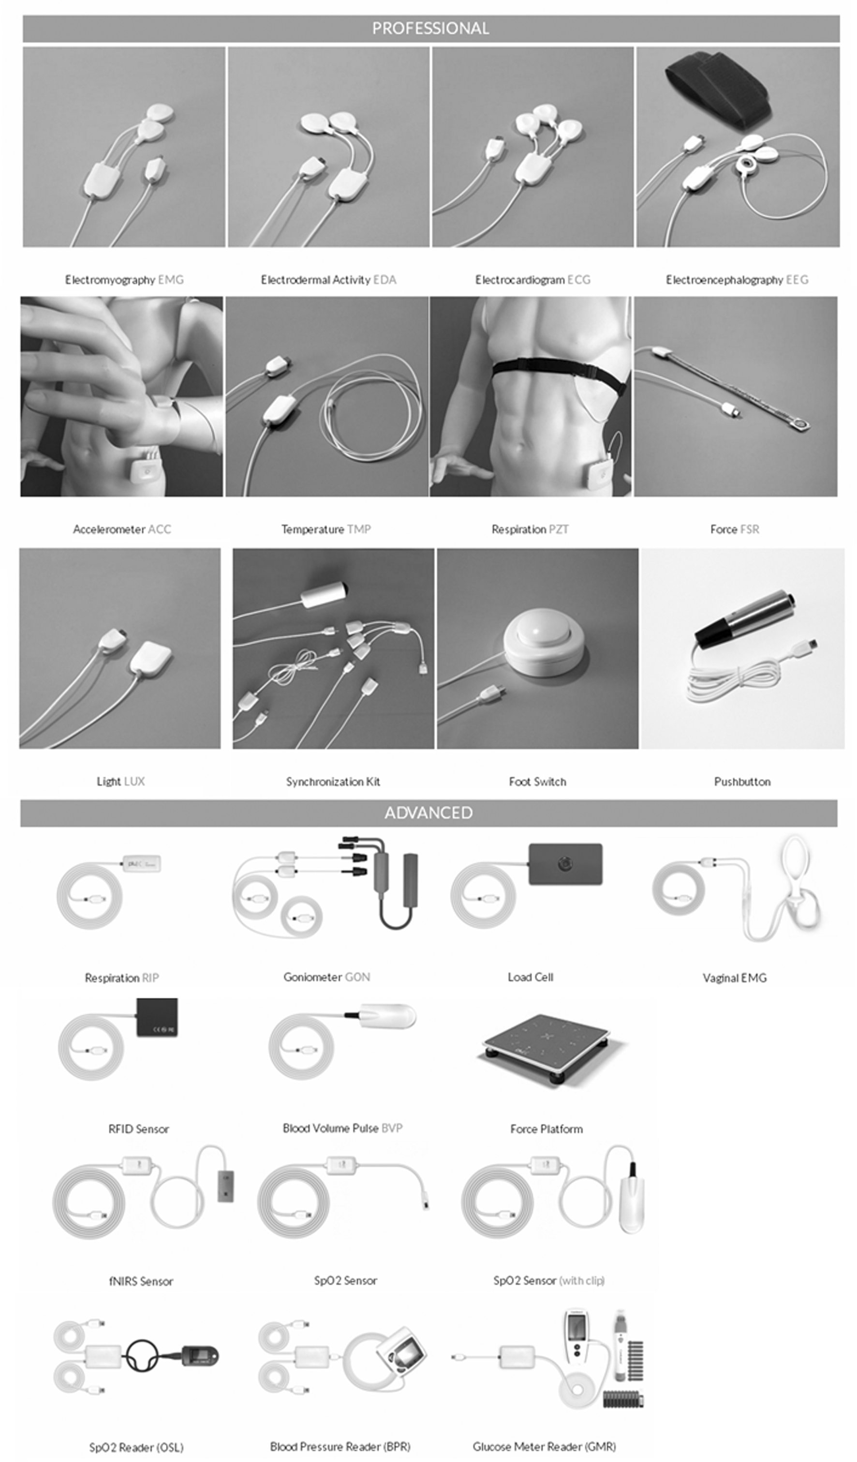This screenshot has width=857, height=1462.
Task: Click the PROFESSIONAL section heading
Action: (x=430, y=29)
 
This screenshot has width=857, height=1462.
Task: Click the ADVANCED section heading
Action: (x=428, y=813)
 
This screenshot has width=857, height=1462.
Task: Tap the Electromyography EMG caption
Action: (x=124, y=280)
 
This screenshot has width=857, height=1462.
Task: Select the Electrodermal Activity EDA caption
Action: (x=328, y=280)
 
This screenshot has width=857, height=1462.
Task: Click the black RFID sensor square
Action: (x=157, y=1017)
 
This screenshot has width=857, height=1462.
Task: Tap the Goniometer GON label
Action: (x=326, y=977)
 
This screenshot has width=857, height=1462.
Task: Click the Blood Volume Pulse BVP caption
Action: (x=342, y=1128)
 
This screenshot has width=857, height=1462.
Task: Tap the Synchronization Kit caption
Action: (x=333, y=782)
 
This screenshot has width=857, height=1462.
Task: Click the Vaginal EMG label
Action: (x=735, y=978)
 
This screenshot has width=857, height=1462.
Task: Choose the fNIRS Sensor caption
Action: (x=141, y=1281)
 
